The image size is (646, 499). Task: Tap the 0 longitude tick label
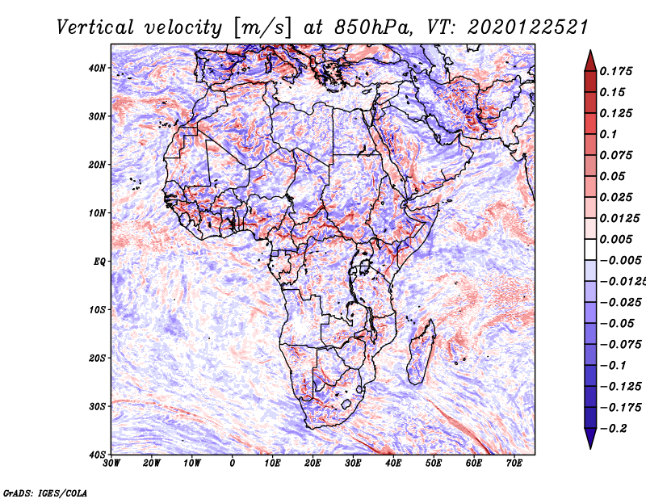click(x=233, y=463)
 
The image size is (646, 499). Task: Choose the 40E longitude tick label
click(x=393, y=463)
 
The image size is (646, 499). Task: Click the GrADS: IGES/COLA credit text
click(x=44, y=491)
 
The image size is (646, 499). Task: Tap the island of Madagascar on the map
click(x=422, y=351)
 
